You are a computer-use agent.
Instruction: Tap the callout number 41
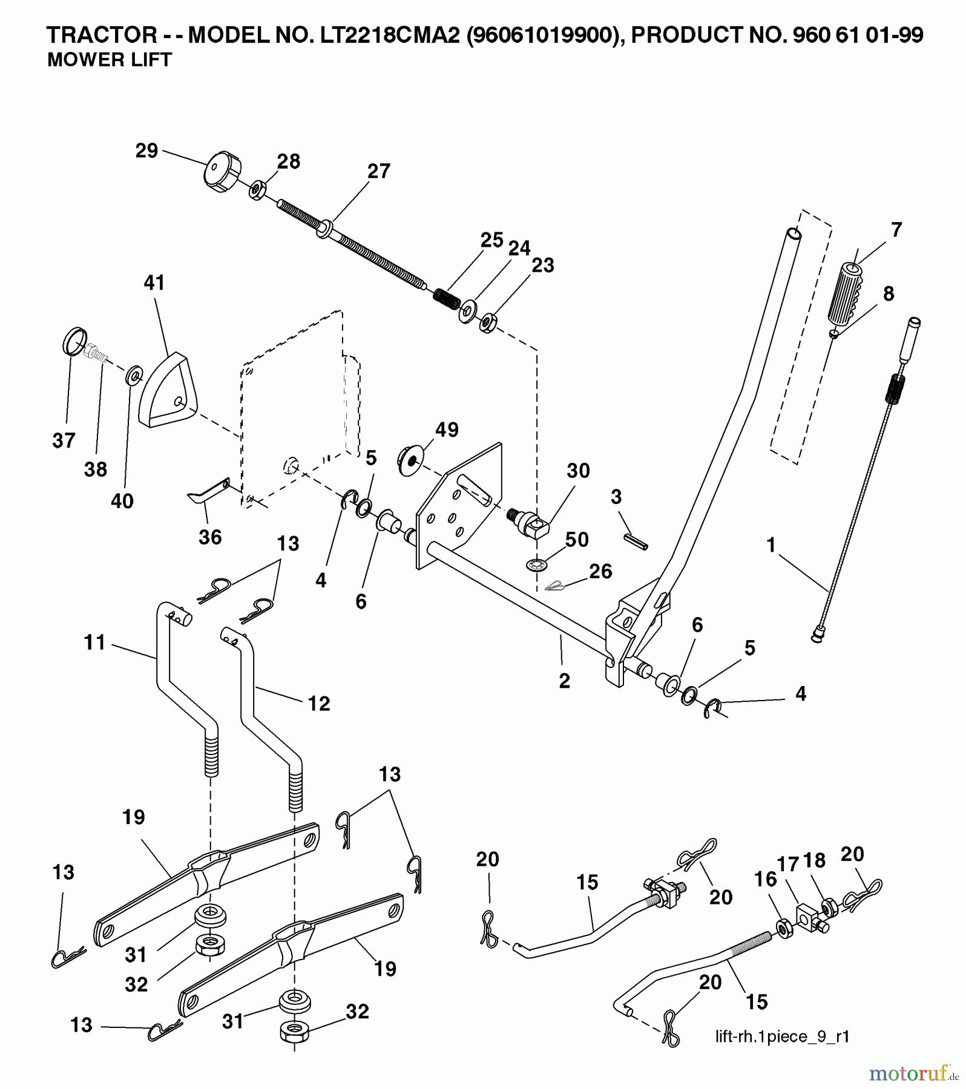[x=154, y=283]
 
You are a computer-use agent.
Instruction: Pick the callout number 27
[x=379, y=171]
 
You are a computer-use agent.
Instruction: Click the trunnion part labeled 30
[x=531, y=522]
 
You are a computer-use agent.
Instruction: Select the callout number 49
[x=447, y=430]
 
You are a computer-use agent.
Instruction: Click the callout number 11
[x=95, y=643]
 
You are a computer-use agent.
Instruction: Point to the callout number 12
[x=319, y=704]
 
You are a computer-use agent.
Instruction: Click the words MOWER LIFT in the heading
[x=110, y=60]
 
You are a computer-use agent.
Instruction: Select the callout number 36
[x=210, y=537]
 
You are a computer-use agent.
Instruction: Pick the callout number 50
[x=576, y=540]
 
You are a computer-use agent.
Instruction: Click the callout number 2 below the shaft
[x=564, y=681]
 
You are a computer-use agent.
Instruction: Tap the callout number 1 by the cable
[x=770, y=545]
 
